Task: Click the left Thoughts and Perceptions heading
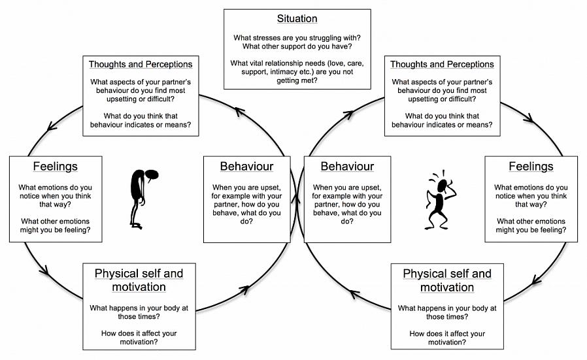coord(141,64)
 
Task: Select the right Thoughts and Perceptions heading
coord(442,64)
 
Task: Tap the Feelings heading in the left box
coord(55,167)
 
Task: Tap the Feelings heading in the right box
coord(531,167)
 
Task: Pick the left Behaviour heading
coord(246,167)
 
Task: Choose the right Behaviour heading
coord(347,167)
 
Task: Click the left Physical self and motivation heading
coord(139,280)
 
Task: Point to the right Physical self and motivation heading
coord(447,280)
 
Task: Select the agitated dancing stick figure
coord(440,199)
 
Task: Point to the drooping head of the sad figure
coord(151,175)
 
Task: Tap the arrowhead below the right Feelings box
coord(535,280)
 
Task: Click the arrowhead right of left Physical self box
coord(250,287)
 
